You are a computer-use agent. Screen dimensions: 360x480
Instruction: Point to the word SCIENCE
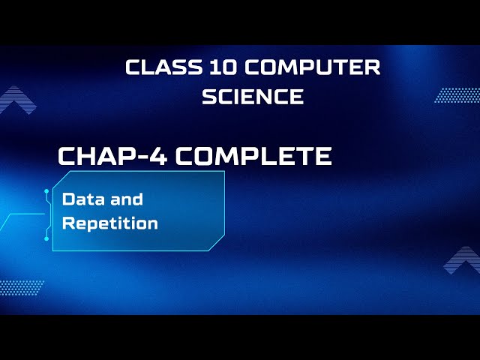[253, 96]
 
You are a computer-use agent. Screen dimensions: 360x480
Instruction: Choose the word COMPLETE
[255, 156]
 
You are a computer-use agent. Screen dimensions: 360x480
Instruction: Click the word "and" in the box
[126, 199]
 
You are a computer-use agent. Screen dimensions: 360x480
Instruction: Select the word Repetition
[110, 223]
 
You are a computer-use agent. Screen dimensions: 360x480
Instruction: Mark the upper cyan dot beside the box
[47, 193]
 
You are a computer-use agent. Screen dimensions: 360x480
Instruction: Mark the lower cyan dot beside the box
[47, 238]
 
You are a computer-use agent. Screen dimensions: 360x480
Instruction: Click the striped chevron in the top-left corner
[17, 100]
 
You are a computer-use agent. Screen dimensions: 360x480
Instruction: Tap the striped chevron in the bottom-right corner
[463, 259]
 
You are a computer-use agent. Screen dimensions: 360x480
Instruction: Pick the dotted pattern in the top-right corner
[457, 95]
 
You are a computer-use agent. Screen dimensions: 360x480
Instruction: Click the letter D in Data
[67, 199]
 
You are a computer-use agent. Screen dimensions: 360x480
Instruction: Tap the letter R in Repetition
[67, 223]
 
